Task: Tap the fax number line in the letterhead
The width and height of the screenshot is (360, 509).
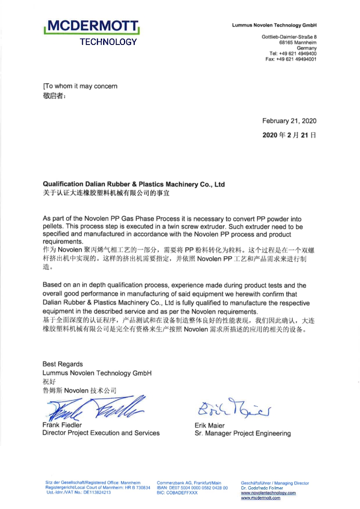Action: click(x=291, y=59)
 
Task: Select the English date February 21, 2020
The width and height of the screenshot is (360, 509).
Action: click(x=289, y=121)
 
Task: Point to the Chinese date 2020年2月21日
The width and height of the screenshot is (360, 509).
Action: click(x=289, y=135)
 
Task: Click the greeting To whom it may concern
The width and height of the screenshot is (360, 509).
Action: click(x=80, y=86)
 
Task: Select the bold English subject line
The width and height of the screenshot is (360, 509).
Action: click(x=133, y=184)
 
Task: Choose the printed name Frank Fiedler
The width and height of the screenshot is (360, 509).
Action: click(x=63, y=425)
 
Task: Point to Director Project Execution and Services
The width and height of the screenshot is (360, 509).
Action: click(x=101, y=433)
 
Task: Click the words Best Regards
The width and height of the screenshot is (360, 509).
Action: click(x=63, y=364)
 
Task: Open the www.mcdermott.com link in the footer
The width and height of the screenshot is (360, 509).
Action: click(x=261, y=498)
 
